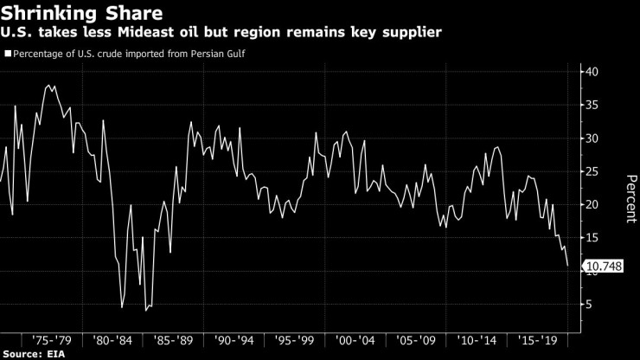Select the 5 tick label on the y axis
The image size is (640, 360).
click(x=589, y=305)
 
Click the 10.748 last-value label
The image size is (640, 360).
click(x=604, y=267)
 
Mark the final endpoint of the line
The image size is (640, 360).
click(x=567, y=266)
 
